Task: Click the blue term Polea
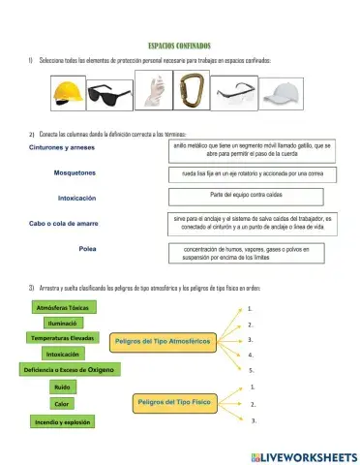87,249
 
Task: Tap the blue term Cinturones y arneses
63,147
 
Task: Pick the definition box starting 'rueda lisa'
252,173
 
